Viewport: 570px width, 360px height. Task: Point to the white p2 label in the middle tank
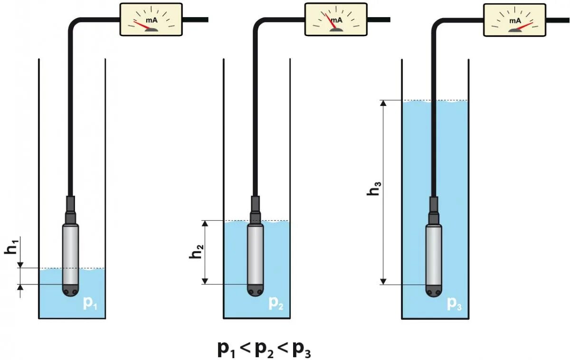pyautogui.click(x=276, y=303)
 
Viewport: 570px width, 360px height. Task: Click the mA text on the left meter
pyautogui.click(x=152, y=20)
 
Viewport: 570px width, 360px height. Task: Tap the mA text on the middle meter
pyautogui.click(x=336, y=20)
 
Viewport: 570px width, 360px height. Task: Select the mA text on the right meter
pyautogui.click(x=515, y=20)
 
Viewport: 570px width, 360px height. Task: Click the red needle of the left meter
pyautogui.click(x=143, y=25)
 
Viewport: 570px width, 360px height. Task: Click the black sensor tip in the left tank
pyautogui.click(x=70, y=290)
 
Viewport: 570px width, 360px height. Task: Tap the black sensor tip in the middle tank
pyautogui.click(x=255, y=290)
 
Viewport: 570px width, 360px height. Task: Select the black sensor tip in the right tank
pyautogui.click(x=433, y=290)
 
